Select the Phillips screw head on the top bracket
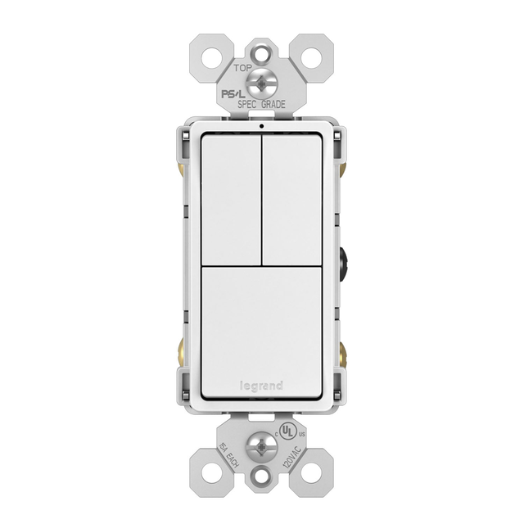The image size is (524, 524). pos(261,83)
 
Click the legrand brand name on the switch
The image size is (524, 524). pos(261,386)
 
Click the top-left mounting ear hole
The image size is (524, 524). pos(215,56)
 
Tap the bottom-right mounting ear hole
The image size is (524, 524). pos(309,472)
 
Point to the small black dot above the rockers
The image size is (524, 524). pos(261,127)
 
